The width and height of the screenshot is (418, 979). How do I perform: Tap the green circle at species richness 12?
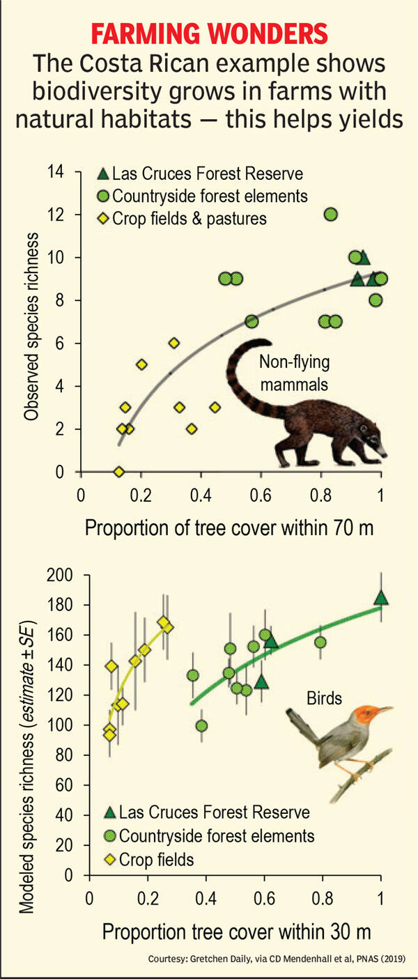click(x=331, y=215)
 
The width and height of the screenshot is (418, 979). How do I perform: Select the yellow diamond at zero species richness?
click(x=119, y=472)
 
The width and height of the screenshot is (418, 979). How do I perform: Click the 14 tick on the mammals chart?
click(x=54, y=172)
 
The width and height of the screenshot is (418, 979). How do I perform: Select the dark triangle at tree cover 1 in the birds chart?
click(x=380, y=597)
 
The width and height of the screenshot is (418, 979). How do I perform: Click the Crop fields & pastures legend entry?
click(x=189, y=218)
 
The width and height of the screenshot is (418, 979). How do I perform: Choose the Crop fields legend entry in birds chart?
click(x=156, y=859)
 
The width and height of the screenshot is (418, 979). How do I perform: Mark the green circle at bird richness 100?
click(x=201, y=725)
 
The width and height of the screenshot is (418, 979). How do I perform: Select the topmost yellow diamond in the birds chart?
click(x=163, y=622)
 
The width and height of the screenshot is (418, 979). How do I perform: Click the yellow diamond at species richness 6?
click(x=173, y=343)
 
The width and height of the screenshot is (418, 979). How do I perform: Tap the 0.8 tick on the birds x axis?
click(x=322, y=895)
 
